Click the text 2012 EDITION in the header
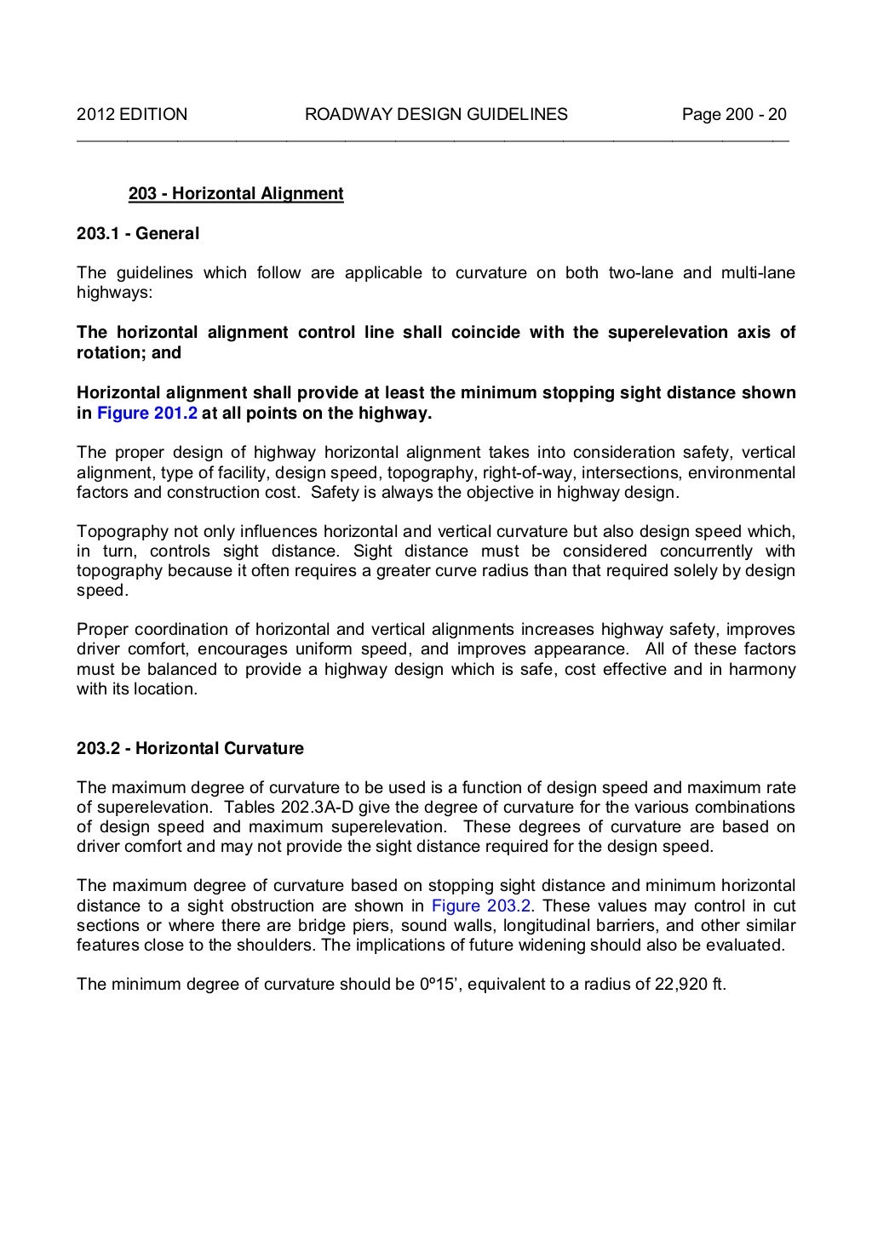(132, 114)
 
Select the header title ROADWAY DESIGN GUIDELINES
(436, 114)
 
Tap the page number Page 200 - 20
(734, 114)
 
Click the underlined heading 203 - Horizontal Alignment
(236, 194)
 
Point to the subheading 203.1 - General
(138, 233)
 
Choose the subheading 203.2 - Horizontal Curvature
(190, 749)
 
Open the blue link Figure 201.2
(147, 414)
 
